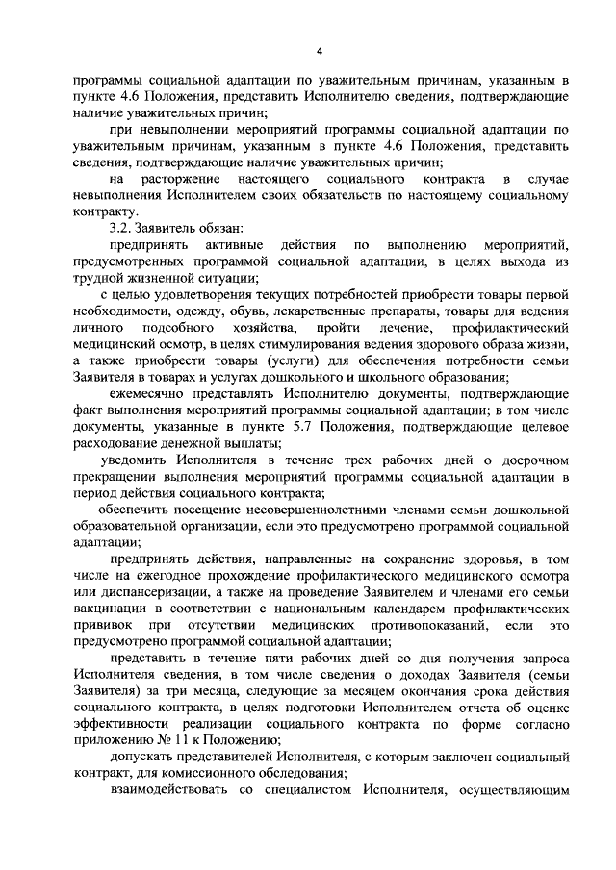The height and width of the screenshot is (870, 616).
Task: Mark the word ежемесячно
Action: click(155, 395)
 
